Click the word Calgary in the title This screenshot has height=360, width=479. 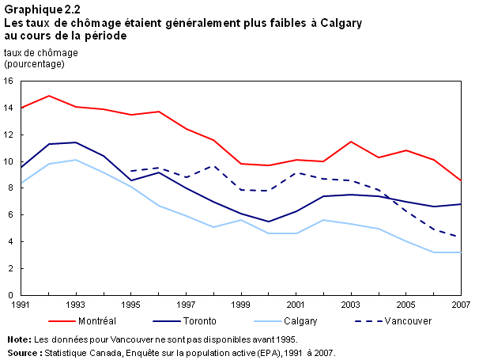coord(335,24)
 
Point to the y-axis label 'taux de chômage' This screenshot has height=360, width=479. coord(41,52)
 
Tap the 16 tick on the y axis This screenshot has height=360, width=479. coord(9,81)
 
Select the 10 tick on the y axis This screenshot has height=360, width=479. coord(9,161)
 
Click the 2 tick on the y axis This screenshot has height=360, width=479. coord(11,268)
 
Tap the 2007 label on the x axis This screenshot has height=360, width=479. coord(461,304)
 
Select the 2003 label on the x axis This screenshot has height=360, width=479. coord(350,304)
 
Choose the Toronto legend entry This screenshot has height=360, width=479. coord(201,322)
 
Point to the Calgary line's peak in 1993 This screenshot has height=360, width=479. coord(76,160)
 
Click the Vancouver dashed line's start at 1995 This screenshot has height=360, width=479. coord(131,171)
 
